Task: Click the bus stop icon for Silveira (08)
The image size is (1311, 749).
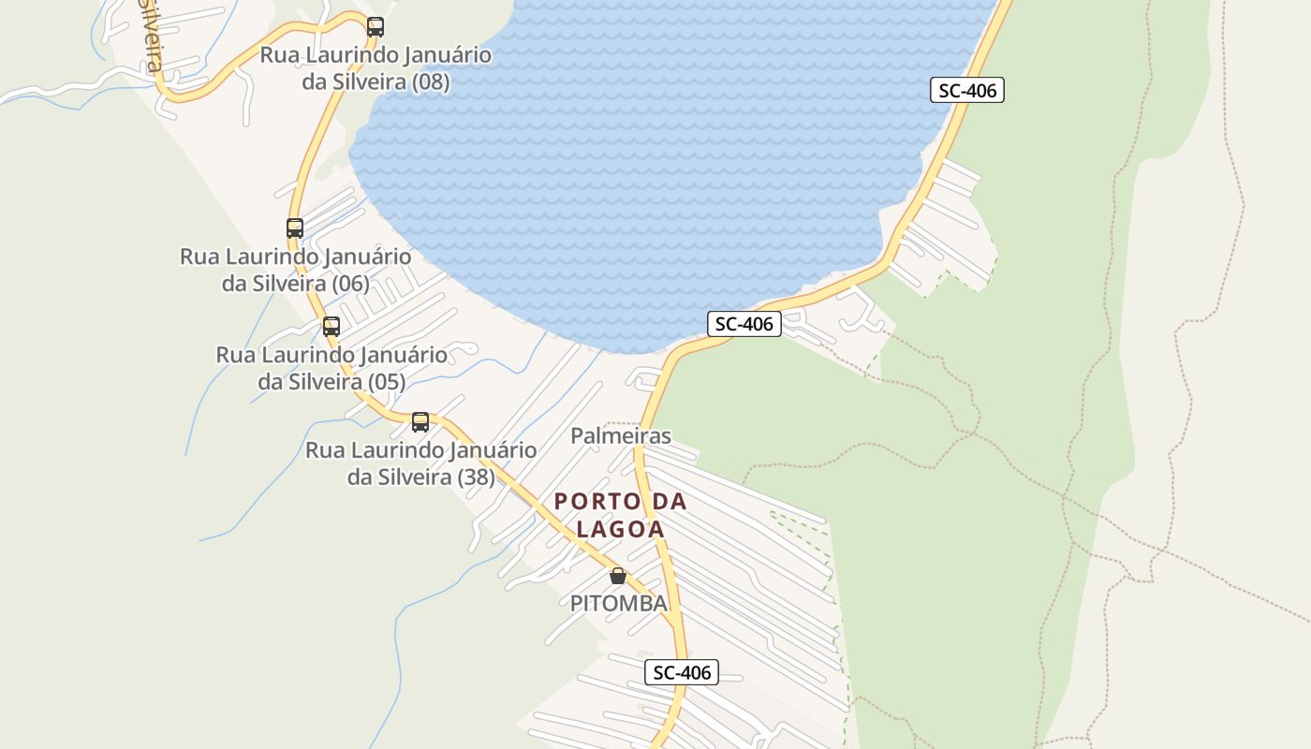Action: tap(376, 27)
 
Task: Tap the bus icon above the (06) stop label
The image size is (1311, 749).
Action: tap(295, 228)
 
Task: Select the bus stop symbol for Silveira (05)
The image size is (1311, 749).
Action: tap(331, 327)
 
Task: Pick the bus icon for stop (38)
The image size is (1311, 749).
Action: tap(420, 422)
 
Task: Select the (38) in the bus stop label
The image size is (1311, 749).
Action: tap(476, 477)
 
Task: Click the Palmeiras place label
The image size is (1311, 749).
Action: tap(621, 436)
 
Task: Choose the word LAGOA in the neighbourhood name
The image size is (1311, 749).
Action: tap(621, 529)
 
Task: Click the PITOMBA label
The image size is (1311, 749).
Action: tap(619, 604)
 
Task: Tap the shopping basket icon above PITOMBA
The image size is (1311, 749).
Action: tap(618, 576)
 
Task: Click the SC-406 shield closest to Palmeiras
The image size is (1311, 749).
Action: tap(744, 324)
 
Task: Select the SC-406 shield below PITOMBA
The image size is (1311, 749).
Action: tap(682, 672)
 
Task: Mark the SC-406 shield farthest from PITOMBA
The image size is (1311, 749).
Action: tap(967, 91)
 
